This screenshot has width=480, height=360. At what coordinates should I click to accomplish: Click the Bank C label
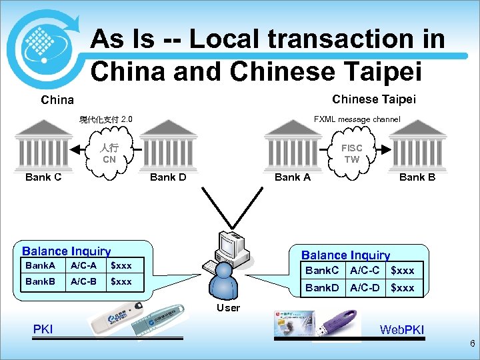(x=43, y=177)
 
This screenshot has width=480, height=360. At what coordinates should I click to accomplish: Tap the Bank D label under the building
(x=168, y=177)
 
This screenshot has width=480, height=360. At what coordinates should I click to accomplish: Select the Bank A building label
(x=293, y=177)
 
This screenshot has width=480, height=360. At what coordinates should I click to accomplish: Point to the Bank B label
(x=417, y=177)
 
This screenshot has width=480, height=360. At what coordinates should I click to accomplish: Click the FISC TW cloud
(x=351, y=154)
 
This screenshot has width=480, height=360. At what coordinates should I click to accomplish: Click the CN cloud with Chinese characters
(x=109, y=154)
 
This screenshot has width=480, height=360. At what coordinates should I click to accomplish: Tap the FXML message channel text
(x=357, y=119)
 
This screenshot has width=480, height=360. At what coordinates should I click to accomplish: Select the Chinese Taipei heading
(x=373, y=99)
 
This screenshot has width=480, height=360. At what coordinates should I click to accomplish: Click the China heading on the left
(x=57, y=101)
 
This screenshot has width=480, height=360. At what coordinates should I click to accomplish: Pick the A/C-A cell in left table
(x=83, y=266)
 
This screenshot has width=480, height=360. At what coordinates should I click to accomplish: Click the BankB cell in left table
(x=41, y=281)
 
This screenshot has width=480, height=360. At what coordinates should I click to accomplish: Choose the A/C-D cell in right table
(x=365, y=287)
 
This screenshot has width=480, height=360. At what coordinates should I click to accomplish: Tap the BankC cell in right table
(x=322, y=270)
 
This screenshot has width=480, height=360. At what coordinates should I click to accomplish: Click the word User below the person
(x=228, y=307)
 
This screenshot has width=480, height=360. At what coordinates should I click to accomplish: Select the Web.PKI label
(x=401, y=329)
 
